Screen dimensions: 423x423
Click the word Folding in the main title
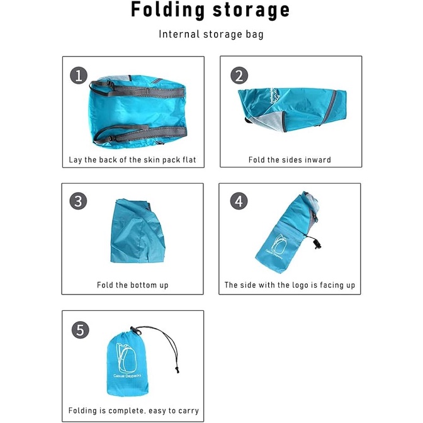[x=167, y=11]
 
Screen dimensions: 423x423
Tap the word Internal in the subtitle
[x=179, y=34]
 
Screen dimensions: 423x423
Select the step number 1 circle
[x=79, y=76]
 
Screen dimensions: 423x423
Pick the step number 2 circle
[x=239, y=76]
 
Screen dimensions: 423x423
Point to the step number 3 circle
[x=78, y=201]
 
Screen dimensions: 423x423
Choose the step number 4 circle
[x=239, y=201]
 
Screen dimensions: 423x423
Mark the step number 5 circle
[x=81, y=330]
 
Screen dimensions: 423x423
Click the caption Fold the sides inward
[x=290, y=160]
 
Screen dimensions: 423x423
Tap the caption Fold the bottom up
[x=132, y=285]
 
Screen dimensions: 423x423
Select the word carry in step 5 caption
[x=188, y=411]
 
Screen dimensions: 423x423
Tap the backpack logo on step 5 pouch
[x=126, y=358]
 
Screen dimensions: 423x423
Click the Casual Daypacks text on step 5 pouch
[x=127, y=376]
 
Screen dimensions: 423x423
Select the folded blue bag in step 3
[x=138, y=231]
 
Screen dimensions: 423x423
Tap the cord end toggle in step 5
[x=177, y=369]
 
